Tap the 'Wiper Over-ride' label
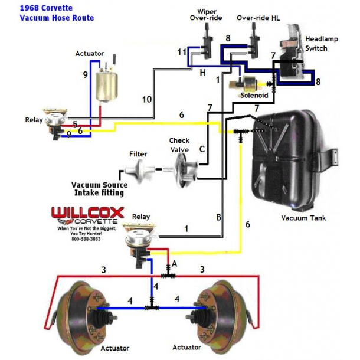(x=207, y=15)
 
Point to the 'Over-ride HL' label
(x=257, y=18)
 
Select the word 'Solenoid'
(x=254, y=95)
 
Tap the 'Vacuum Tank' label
(x=303, y=218)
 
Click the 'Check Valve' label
(x=179, y=145)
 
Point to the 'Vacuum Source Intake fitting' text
(x=99, y=189)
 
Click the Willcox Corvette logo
(x=87, y=215)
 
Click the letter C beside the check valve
(x=202, y=150)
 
